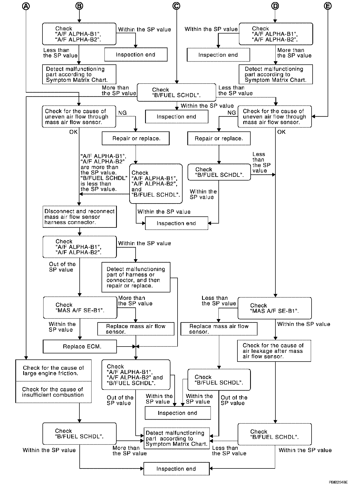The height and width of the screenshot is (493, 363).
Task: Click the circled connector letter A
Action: [x=26, y=6]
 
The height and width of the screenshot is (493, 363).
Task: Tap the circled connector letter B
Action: [x=79, y=6]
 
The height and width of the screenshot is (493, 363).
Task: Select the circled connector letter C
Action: [x=176, y=6]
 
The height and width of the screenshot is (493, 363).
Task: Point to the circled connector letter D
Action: [x=275, y=6]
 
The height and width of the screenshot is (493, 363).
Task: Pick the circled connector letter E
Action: [x=327, y=6]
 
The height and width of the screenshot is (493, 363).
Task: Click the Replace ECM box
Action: [x=80, y=346]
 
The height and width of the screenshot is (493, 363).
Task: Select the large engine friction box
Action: [x=53, y=371]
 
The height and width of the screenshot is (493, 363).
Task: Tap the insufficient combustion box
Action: [x=53, y=392]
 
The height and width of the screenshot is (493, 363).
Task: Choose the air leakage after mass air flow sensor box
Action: [x=274, y=351]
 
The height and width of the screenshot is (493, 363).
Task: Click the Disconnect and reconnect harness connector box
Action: [x=79, y=217]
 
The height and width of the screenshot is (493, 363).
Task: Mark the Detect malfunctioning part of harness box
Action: [x=136, y=277]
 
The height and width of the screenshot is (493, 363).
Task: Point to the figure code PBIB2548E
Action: [x=338, y=482]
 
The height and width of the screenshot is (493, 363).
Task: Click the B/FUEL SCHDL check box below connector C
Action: [x=176, y=92]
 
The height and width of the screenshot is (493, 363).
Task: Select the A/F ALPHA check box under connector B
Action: [x=79, y=34]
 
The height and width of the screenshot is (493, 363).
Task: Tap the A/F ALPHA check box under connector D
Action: [x=276, y=34]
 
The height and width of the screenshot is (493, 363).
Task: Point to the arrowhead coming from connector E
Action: [x=313, y=116]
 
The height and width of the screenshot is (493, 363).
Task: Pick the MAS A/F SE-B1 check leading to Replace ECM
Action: [x=80, y=307]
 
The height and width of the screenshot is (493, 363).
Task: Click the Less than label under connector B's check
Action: [x=60, y=53]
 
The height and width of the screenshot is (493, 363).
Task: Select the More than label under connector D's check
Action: [x=294, y=53]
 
